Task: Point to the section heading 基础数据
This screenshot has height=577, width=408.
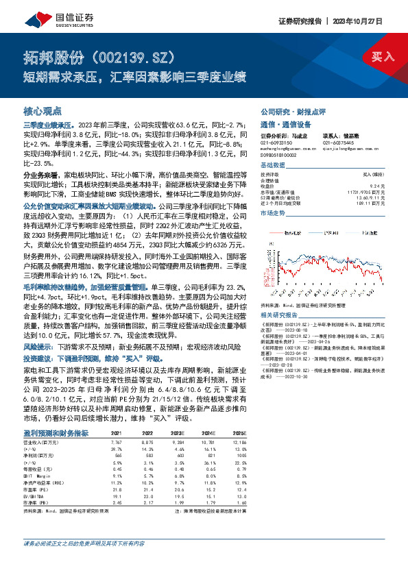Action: (x=272, y=167)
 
